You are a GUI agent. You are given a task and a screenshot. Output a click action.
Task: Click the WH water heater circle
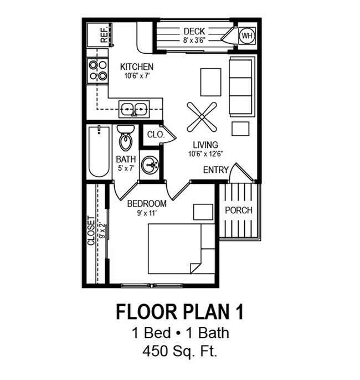point(246,35)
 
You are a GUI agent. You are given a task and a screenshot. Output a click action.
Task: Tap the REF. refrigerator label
point(104,35)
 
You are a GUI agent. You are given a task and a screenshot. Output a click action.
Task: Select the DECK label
point(194,31)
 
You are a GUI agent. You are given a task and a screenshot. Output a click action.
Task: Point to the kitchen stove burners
point(97,70)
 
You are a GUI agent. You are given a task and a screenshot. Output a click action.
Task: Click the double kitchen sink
point(133,109)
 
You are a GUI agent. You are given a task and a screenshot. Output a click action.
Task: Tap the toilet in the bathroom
point(126,138)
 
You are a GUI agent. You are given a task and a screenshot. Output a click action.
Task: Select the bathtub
point(99,151)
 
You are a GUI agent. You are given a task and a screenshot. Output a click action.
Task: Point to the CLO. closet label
point(155,134)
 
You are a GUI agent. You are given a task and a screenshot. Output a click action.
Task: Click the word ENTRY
point(215,170)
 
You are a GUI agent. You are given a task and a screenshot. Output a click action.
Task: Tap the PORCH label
point(238,210)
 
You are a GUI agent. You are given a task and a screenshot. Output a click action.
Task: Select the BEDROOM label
point(147,203)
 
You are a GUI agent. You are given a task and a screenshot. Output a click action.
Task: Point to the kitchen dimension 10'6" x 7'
point(136,76)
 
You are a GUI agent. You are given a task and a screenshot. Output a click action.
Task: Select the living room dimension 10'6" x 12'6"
point(205,154)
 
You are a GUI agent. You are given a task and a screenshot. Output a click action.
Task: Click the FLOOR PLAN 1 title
point(179,312)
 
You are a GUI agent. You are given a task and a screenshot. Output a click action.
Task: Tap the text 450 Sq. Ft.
point(179,350)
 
